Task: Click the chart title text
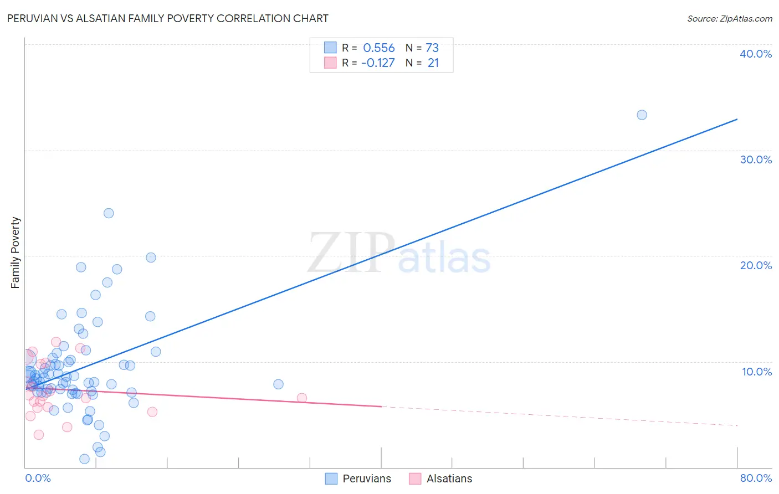167,18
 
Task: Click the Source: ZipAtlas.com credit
729,18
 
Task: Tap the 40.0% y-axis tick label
756,54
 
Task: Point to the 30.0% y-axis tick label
756,159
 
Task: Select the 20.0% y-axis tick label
756,265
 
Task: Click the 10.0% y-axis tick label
757,372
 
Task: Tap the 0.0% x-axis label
38,478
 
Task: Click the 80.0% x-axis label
756,478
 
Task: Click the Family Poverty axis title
16,253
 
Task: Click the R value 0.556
379,48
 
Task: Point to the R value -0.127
378,63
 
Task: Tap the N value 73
432,48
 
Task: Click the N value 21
433,63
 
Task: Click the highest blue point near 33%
642,115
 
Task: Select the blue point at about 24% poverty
109,213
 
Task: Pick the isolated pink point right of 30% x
302,398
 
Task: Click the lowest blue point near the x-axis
84,459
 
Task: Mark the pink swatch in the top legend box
330,63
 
